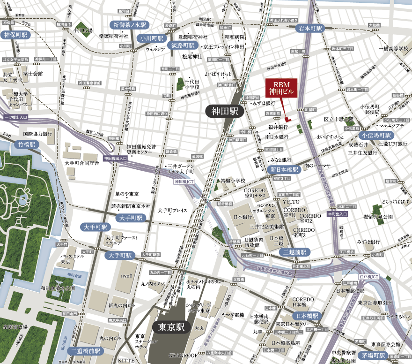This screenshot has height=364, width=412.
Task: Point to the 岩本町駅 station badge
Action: point(311,28)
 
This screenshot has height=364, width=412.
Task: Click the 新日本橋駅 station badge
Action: point(284,170)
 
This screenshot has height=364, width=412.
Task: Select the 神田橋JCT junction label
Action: point(185,182)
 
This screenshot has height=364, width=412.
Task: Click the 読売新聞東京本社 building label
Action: point(131,206)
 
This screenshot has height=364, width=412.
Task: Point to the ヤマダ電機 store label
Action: point(233,315)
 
